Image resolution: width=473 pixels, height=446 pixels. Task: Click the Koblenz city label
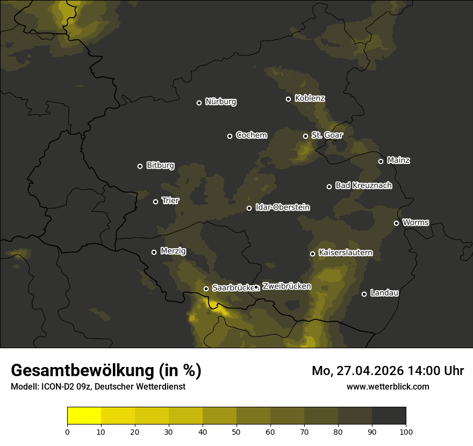tap(310, 98)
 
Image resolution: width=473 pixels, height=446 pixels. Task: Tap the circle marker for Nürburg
tap(199, 103)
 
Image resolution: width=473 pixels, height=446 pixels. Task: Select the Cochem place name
tap(251, 135)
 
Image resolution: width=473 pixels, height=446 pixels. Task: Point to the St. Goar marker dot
tap(305, 136)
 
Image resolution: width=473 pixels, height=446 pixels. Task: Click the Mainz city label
tap(398, 160)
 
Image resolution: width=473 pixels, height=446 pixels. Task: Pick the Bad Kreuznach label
tap(363, 185)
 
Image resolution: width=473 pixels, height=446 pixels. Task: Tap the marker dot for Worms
tap(396, 223)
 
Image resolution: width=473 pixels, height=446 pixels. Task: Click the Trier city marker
tap(155, 202)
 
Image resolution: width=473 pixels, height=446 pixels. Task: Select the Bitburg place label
tap(160, 166)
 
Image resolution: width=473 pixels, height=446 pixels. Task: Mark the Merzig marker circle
tap(154, 252)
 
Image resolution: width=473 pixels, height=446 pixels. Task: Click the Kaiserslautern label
tap(345, 253)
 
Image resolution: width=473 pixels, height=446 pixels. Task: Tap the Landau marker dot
tap(364, 294)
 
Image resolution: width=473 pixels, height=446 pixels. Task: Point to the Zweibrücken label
tap(286, 286)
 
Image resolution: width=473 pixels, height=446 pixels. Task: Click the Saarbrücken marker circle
tap(206, 289)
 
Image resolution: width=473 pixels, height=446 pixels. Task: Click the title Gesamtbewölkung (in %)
tap(106, 370)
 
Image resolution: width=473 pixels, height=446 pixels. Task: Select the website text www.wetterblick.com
tap(388, 386)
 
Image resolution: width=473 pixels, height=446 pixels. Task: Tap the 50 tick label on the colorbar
tap(236, 431)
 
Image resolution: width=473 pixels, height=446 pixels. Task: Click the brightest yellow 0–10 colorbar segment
tap(84, 415)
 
